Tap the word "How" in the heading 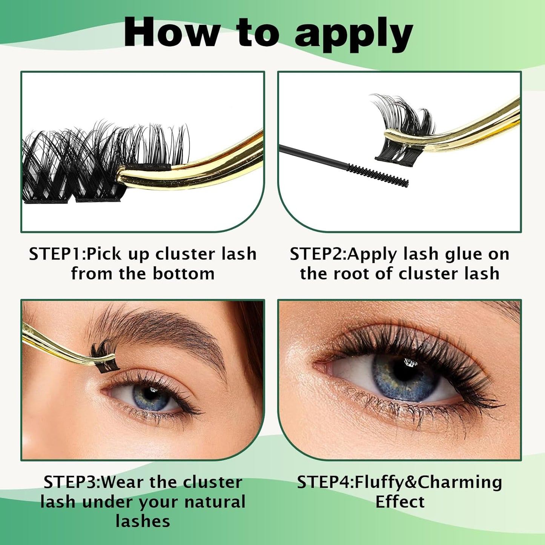[172, 33]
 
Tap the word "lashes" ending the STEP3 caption [143, 521]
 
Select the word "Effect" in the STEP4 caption [400, 502]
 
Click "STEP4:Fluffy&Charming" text [399, 482]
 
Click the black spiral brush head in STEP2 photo [378, 175]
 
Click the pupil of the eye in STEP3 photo [150, 395]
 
